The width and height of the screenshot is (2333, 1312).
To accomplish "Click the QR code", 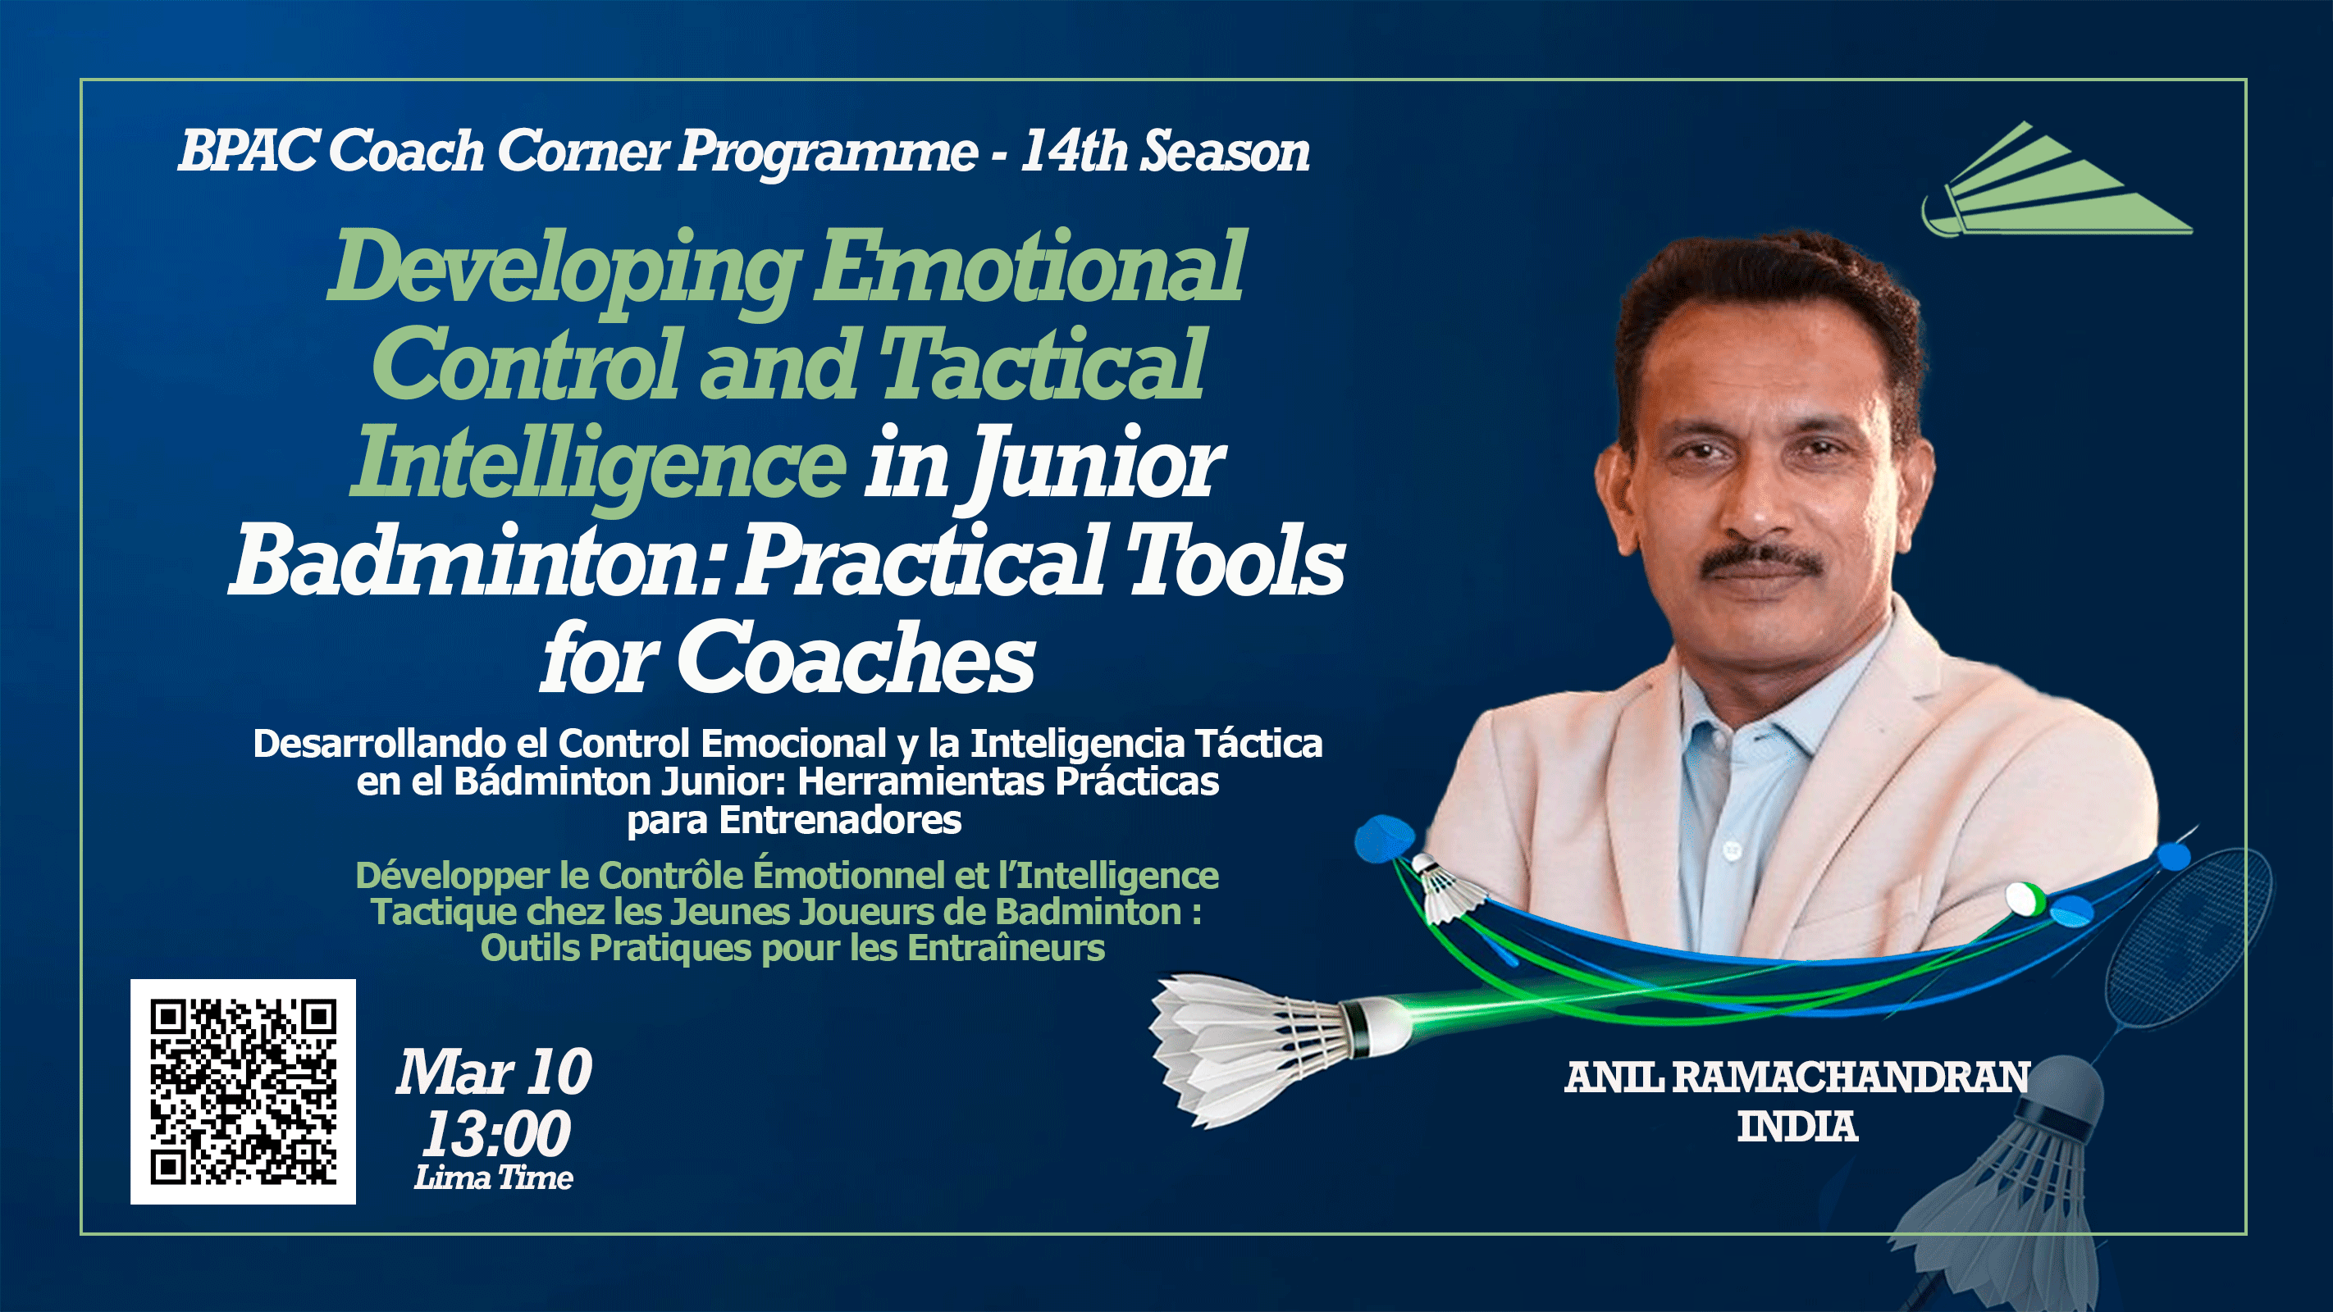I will pos(243,1091).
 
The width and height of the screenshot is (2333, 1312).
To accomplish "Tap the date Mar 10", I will pos(494,1072).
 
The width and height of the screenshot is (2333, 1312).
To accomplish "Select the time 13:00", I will pos(496,1133).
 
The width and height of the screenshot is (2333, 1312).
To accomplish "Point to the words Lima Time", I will pos(494,1178).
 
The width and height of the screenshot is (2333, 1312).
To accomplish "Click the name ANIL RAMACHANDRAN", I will pos(1797,1077).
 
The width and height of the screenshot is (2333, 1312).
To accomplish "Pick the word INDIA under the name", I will pos(1797,1127).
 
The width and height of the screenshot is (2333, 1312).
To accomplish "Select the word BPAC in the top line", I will pos(247,150).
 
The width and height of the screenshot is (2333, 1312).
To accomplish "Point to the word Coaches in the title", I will pos(855,659).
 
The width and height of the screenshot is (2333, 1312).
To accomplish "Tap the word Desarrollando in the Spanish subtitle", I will pos(378,745).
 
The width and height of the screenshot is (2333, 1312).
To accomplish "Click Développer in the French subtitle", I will pos(452,876).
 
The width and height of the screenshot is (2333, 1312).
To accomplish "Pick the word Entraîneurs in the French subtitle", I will pos(1005,949).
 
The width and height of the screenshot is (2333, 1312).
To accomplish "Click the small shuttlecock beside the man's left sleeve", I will pos(1447,888).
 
